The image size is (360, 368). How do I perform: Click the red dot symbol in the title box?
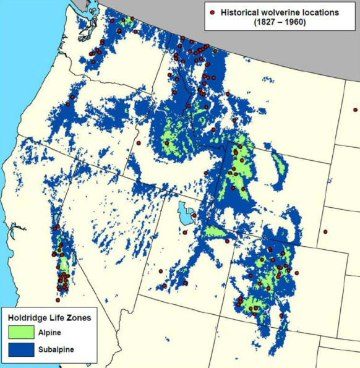[x=213, y=12]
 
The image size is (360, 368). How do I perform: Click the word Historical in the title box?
[x=238, y=12]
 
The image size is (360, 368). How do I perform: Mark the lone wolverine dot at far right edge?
[x=356, y=109]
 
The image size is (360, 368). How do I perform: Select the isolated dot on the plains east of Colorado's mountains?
[x=325, y=232]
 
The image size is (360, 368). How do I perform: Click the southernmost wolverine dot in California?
[x=58, y=300]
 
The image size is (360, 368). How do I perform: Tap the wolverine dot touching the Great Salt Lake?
[x=194, y=215]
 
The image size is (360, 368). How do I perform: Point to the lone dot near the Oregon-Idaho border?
[x=139, y=143]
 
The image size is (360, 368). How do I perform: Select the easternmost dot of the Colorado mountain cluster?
[x=297, y=273]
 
